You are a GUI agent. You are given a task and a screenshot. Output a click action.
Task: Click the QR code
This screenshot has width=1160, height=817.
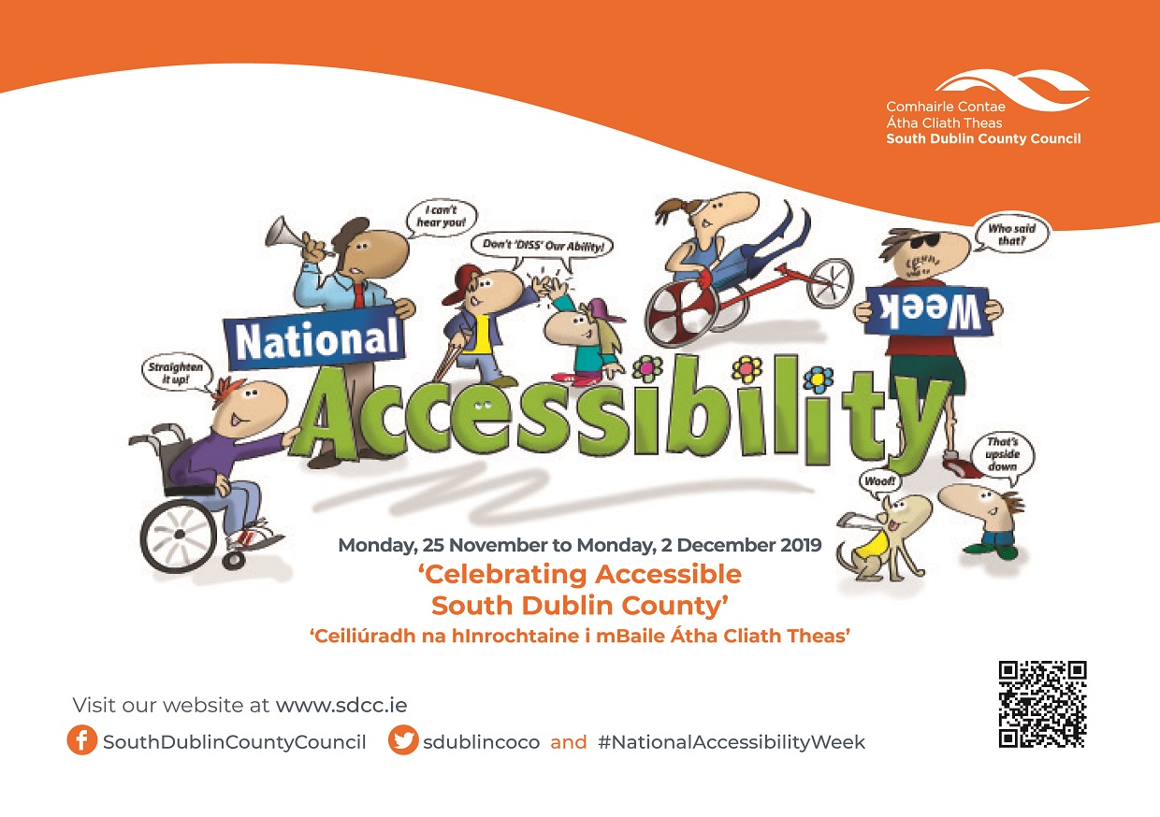(x=1042, y=704)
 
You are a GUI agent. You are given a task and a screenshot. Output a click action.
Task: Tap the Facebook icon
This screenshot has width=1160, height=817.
(x=81, y=740)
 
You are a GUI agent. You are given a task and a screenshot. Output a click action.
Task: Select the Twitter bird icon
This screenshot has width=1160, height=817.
(x=403, y=740)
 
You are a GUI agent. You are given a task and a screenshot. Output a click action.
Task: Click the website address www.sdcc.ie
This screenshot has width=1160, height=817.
(x=341, y=705)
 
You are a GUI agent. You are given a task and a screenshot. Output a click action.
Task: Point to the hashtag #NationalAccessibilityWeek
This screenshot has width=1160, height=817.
(x=732, y=742)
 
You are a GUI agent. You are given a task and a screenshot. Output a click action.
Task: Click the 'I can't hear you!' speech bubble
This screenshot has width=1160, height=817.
(x=442, y=217)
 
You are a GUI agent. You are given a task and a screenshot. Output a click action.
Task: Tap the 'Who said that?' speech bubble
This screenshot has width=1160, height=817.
(x=1011, y=235)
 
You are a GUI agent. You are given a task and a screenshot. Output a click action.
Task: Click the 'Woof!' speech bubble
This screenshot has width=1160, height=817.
(x=878, y=481)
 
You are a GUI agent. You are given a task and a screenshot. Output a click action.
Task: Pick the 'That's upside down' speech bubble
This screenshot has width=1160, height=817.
(x=1002, y=454)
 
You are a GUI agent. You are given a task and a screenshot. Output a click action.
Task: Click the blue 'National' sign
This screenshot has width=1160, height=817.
(x=315, y=339)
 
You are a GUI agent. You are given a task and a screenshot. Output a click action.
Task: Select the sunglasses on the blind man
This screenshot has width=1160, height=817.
(x=917, y=241)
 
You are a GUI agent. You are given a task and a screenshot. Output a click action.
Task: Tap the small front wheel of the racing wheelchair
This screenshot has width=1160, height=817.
(x=830, y=283)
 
